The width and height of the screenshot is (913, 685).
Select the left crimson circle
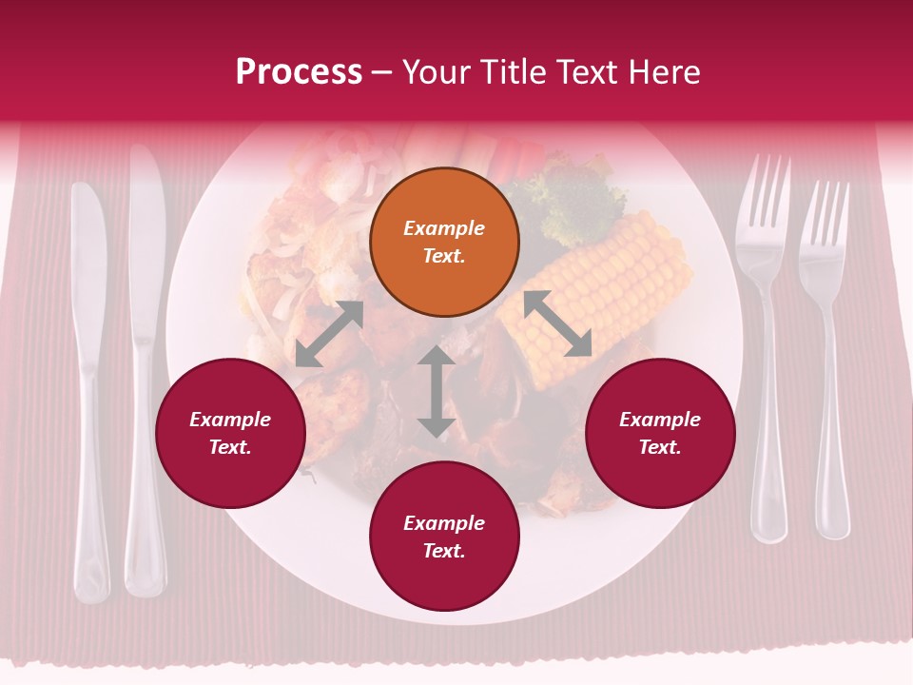tap(230, 433)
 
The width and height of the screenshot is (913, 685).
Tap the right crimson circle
tap(660, 433)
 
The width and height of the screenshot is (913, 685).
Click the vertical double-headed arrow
tap(437, 392)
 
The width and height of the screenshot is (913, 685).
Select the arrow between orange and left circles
tap(329, 334)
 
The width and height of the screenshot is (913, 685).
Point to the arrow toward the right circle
tap(557, 323)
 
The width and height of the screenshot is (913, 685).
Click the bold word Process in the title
tap(299, 72)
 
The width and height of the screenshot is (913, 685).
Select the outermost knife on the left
tap(90, 381)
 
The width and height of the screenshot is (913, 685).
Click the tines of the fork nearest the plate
tap(764, 195)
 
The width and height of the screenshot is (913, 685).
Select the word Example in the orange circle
tap(444, 228)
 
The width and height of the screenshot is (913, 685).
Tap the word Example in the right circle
tap(660, 420)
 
